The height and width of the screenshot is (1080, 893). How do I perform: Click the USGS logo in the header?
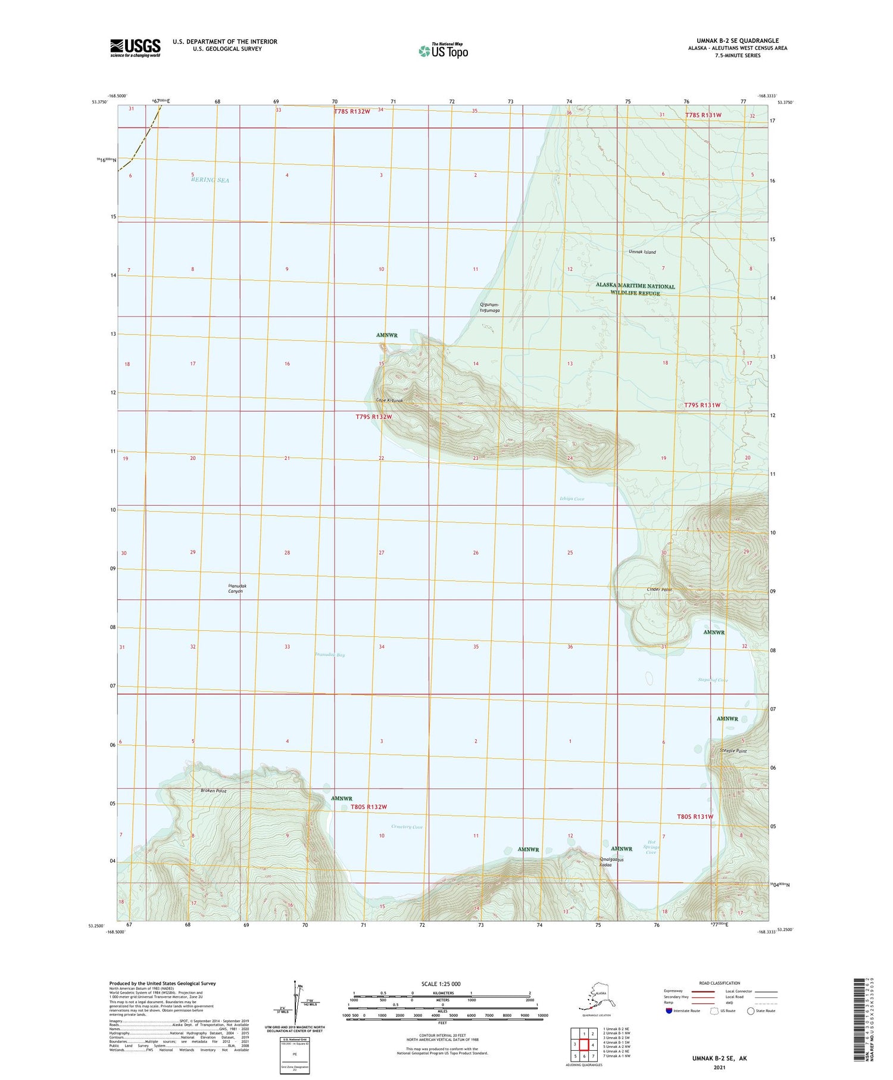pos(135,48)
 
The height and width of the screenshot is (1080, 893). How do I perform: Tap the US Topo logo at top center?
pos(443,51)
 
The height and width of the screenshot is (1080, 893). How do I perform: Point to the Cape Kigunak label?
pos(389,400)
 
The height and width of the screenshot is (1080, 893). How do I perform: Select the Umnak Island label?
pos(642,252)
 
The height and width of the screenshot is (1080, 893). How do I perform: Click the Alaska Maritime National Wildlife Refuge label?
pos(635,290)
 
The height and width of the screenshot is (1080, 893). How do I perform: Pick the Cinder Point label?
pos(659,590)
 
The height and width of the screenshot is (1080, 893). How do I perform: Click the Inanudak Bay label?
pos(329,655)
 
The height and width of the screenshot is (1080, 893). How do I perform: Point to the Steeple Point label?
pos(733,751)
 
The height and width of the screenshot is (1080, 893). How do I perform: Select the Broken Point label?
pos(213,791)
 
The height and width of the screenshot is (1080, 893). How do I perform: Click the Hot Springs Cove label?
pos(651,847)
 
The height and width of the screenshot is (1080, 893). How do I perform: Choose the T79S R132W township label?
pos(374,417)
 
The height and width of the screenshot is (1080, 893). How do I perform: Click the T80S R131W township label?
pos(695,817)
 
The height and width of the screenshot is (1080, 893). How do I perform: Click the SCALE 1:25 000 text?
pos(441,983)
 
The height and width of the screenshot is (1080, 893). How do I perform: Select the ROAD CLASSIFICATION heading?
pos(720,983)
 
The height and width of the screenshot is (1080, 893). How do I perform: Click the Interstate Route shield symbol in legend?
pos(669,1011)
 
